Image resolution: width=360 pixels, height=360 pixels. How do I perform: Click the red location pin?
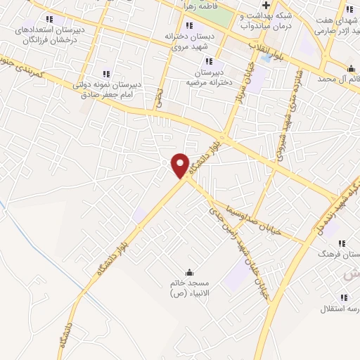click(x=180, y=165)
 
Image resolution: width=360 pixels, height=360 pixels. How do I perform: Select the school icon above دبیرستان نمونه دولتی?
click(x=107, y=73)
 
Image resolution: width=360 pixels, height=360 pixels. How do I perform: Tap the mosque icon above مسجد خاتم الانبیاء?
click(x=188, y=272)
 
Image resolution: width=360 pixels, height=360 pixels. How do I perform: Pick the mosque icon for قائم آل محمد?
click(x=350, y=67)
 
